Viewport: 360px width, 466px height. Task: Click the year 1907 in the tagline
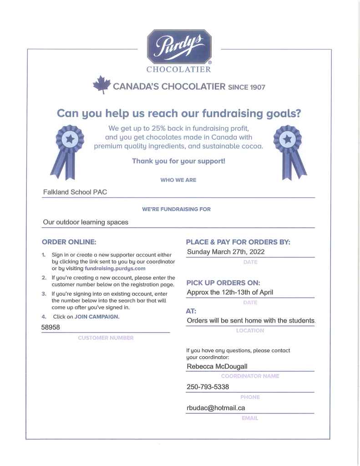(257, 87)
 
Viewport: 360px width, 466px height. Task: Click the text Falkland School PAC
(75, 192)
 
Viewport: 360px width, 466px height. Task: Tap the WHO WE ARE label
(178, 180)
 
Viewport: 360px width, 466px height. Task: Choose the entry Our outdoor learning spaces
(86, 222)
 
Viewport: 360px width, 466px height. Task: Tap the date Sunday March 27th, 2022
(226, 251)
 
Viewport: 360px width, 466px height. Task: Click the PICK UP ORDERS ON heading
(223, 282)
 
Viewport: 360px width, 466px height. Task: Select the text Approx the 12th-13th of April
(230, 292)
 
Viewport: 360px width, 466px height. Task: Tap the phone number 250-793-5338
(208, 387)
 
